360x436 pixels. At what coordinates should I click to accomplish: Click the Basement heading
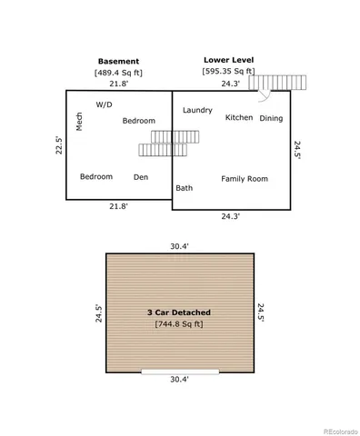pos(118,61)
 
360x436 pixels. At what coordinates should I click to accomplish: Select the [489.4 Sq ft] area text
pos(118,72)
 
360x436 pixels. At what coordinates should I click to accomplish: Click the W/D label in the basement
pos(104,104)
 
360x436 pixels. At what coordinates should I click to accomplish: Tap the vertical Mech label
pos(79,122)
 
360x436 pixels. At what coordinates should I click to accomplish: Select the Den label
pos(141,176)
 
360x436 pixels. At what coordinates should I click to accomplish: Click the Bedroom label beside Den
pos(95,176)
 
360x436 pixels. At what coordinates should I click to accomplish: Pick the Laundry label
pos(197,110)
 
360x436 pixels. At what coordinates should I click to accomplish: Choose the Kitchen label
pos(239,117)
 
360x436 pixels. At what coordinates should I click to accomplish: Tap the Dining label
pos(271,118)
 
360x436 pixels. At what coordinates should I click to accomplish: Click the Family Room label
pos(245,179)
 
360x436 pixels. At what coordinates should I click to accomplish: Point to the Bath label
pos(185,188)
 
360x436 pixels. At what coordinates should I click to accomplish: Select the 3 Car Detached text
pos(179,312)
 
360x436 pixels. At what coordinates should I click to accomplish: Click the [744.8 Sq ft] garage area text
pos(179,322)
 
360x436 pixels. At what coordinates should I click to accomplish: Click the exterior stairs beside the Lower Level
pos(284,84)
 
